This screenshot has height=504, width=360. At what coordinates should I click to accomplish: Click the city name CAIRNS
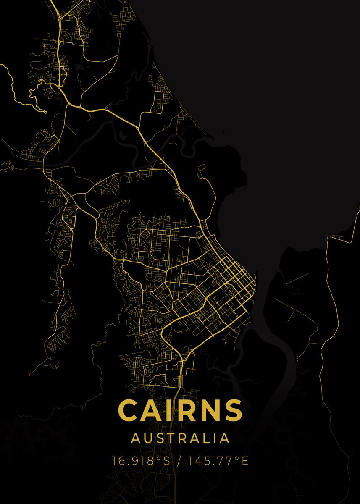(x=180, y=410)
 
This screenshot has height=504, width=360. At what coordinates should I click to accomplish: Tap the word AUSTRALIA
(x=180, y=438)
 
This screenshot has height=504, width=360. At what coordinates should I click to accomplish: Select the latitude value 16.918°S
(x=141, y=461)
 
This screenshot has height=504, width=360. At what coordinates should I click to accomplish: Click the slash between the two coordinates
(x=180, y=461)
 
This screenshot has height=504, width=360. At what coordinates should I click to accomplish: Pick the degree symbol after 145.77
(x=238, y=458)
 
